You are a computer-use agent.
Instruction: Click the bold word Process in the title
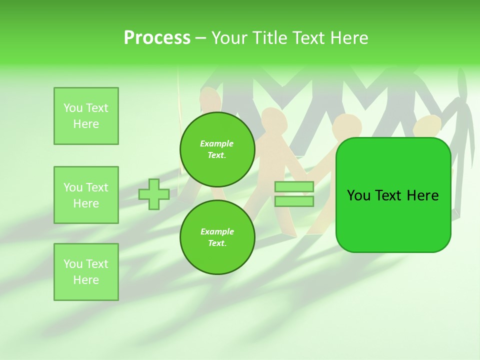pos(157,38)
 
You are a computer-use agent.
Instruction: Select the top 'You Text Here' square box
pos(86,116)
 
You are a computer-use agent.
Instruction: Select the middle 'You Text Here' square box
pos(86,195)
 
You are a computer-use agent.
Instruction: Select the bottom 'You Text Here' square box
pos(86,272)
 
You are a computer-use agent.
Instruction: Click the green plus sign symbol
pos(154,194)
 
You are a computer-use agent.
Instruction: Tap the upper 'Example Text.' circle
pos(217,149)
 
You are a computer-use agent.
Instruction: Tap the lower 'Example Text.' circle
pos(217,237)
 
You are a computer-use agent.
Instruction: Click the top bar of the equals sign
pos(294,187)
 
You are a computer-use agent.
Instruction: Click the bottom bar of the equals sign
pos(294,201)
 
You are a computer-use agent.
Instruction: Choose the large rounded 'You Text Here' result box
pos(393,195)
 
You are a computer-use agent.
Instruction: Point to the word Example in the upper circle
pos(217,144)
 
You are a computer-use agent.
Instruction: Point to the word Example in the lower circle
pos(217,232)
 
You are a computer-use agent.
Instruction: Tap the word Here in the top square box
pos(86,124)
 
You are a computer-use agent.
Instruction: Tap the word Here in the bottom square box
pos(86,280)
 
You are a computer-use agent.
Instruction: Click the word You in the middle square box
pos(72,187)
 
